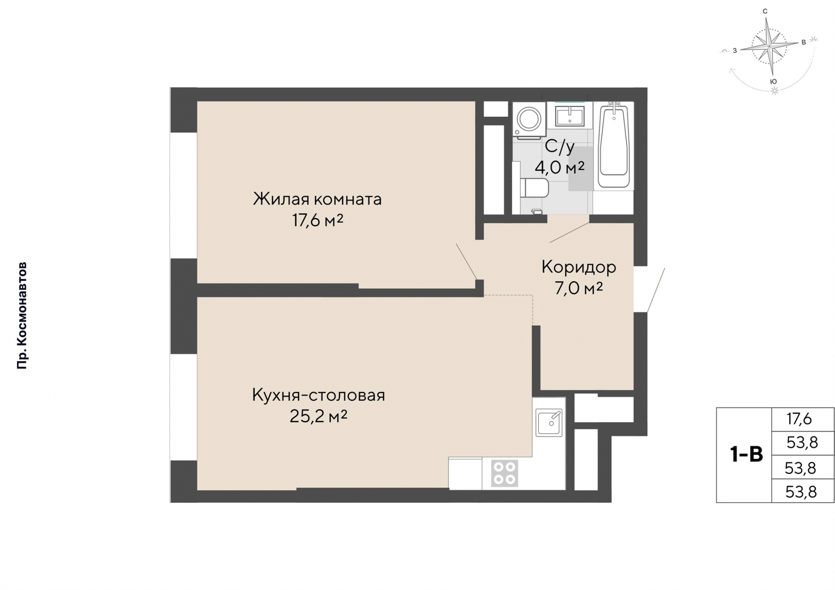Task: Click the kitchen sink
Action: [549, 422]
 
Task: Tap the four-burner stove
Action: [504, 473]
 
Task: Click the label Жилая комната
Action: [317, 199]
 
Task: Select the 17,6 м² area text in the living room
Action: [317, 220]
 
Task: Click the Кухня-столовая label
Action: [318, 395]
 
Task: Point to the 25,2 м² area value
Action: [318, 417]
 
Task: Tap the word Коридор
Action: [578, 267]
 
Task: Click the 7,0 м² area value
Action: [578, 288]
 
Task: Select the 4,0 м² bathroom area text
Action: [559, 167]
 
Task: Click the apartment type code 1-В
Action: [746, 455]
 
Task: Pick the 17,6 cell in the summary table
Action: [799, 419]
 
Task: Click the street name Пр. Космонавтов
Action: [22, 316]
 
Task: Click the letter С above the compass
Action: [765, 12]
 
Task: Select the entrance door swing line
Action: [656, 290]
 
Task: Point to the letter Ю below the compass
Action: [773, 81]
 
